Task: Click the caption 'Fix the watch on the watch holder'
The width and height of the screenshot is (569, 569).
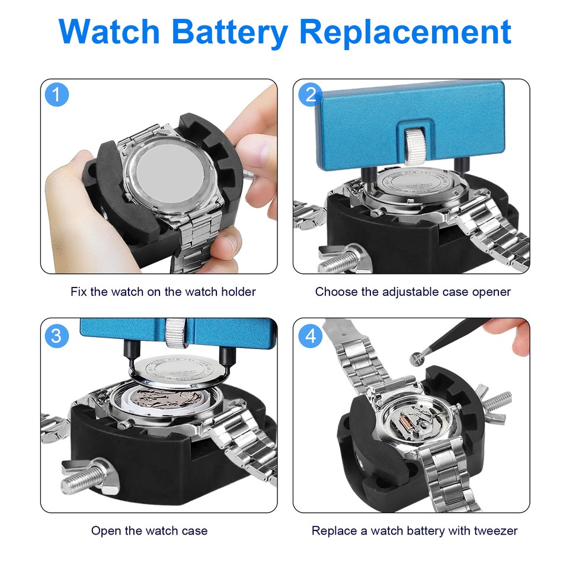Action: click(163, 292)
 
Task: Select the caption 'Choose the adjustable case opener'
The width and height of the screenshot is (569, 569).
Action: click(413, 292)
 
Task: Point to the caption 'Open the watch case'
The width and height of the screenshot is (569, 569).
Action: click(149, 530)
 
